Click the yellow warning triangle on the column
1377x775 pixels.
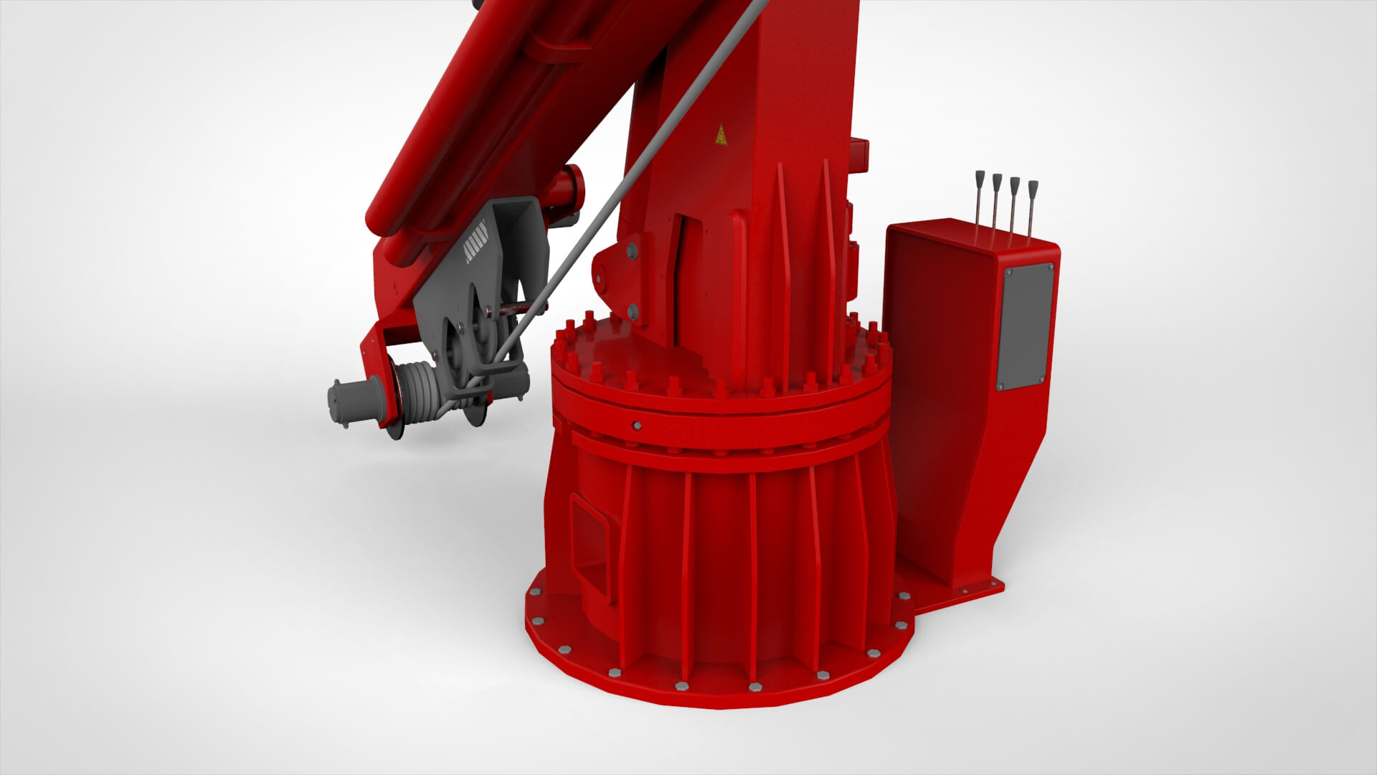coord(720,135)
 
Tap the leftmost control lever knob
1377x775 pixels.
coord(978,177)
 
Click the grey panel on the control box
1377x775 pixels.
coord(1027,327)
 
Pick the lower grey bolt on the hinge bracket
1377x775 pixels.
coord(632,311)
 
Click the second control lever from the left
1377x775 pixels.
coord(996,180)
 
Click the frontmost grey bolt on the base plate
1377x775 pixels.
coord(755,687)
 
